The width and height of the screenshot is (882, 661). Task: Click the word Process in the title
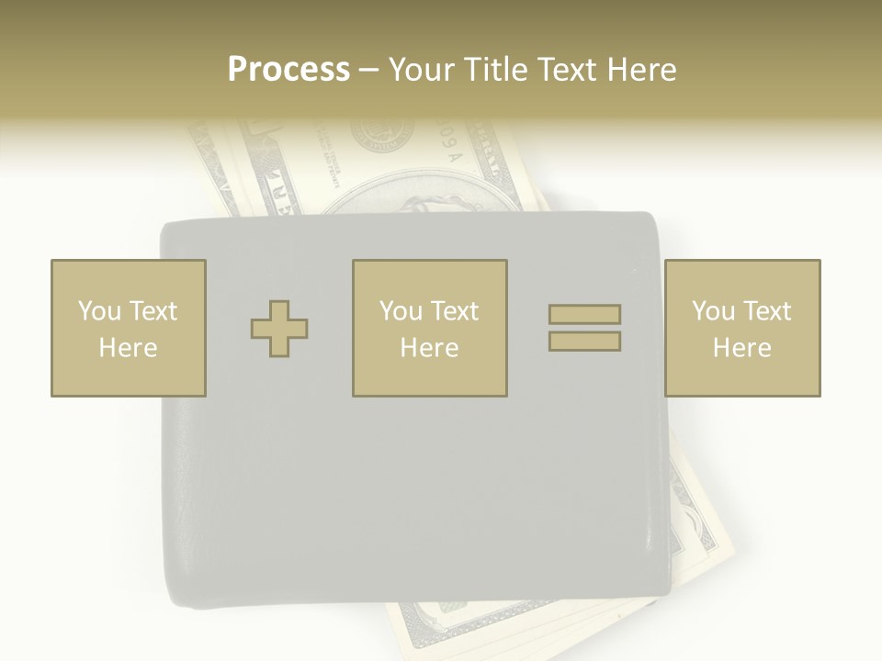click(x=288, y=70)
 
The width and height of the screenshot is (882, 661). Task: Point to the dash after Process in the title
click(x=368, y=71)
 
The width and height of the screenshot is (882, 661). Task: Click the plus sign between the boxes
click(x=279, y=329)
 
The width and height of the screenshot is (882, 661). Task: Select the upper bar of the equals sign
click(x=584, y=314)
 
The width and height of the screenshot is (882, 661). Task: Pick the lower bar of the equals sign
click(x=584, y=341)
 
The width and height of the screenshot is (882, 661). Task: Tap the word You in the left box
click(x=99, y=311)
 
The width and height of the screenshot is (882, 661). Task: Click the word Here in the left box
click(x=128, y=348)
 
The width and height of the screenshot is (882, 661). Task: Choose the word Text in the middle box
click(x=454, y=311)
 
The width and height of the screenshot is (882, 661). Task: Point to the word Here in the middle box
click(x=429, y=348)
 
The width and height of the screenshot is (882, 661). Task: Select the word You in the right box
click(x=713, y=311)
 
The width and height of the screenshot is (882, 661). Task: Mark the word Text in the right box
click(x=766, y=311)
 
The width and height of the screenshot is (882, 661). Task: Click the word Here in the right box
click(x=741, y=348)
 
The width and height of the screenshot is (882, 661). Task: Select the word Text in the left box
click(x=153, y=311)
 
